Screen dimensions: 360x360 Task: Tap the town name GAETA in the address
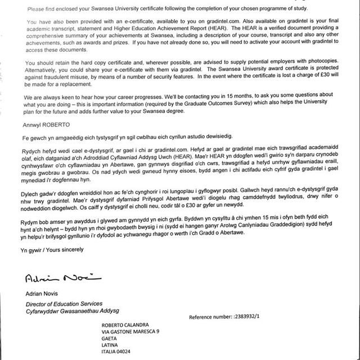(x=111, y=340)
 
